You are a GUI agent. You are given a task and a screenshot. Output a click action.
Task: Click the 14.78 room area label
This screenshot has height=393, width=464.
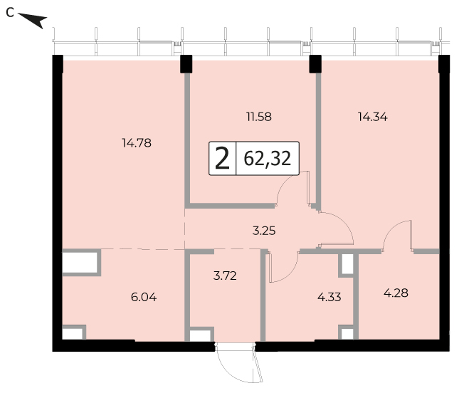[137, 143]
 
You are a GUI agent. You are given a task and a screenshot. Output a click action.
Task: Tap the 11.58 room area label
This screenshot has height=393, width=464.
[259, 117]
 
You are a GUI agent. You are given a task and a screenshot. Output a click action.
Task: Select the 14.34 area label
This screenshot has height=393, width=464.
[373, 117]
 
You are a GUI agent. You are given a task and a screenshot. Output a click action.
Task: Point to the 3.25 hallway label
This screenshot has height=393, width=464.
[264, 231]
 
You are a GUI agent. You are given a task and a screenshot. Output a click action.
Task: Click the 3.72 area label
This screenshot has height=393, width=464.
[225, 276]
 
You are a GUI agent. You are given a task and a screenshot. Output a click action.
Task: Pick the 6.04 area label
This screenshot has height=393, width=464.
[144, 297]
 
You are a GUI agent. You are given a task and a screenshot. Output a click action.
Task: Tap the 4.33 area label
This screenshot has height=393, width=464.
[329, 297]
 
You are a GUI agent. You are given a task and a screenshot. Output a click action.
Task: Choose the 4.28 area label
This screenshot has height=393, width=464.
[396, 293]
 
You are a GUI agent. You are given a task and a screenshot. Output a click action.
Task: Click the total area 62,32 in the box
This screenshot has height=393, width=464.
[267, 159]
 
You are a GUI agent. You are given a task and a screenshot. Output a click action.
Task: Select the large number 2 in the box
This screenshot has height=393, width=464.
[222, 159]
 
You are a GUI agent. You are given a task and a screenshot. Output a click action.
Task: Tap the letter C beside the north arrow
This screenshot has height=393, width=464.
[10, 13]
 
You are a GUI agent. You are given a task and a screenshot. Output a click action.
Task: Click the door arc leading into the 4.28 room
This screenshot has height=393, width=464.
[390, 230]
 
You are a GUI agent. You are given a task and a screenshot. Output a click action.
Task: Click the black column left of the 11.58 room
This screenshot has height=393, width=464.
[186, 64]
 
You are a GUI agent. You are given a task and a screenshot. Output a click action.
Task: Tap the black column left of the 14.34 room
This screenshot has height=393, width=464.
[315, 64]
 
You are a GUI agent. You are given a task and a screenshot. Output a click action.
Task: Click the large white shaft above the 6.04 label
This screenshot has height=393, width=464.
[80, 263]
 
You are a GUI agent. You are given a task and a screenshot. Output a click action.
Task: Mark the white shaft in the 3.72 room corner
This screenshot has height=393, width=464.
[199, 335]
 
